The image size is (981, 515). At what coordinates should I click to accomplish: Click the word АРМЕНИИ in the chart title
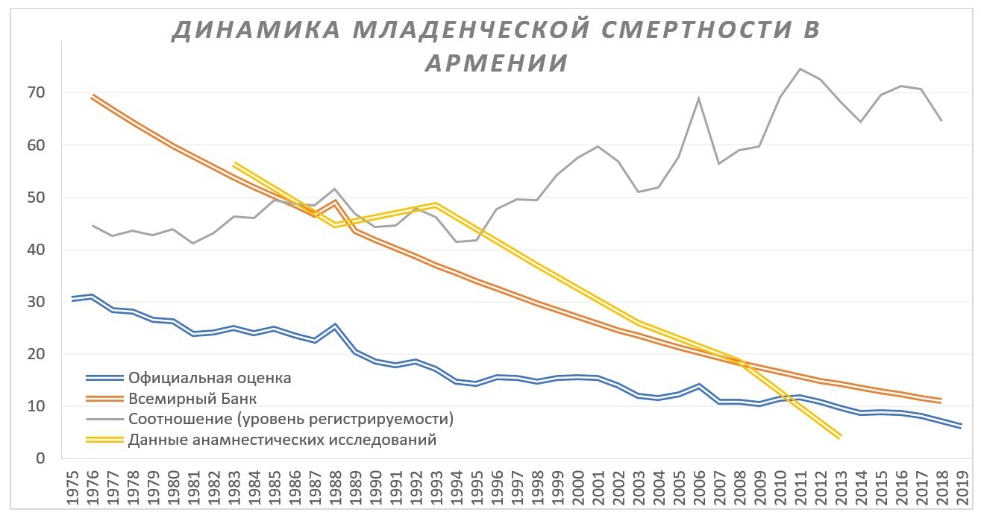496,63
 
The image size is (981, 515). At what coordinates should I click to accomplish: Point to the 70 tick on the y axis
37,93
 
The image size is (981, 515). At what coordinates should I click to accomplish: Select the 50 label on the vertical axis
37,198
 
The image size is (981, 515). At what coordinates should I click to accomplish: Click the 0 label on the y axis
41,458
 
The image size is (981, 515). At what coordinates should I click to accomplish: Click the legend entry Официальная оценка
209,378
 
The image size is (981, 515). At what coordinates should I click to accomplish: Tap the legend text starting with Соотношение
291,419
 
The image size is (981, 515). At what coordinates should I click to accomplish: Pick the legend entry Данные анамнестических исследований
282,440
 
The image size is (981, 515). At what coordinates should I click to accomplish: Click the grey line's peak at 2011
800,69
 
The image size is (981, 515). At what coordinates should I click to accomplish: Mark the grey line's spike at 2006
699,98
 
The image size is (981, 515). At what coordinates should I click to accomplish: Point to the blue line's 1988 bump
336,326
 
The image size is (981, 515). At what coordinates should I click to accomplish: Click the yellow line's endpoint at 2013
840,437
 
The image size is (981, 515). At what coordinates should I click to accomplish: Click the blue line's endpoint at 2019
961,426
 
